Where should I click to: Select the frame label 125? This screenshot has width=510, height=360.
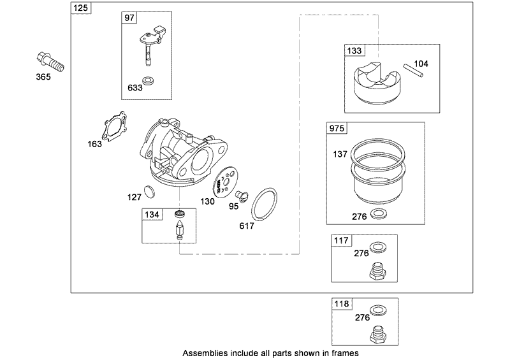pos(80,8)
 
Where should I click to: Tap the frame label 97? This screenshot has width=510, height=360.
pos(129,18)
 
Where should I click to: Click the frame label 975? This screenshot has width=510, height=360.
pos(336,129)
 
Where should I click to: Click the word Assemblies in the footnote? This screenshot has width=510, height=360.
pos(203,352)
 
